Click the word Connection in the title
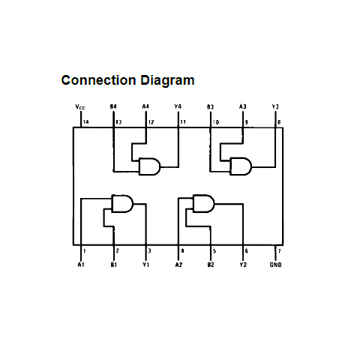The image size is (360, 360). pyautogui.click(x=98, y=80)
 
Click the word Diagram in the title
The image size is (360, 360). pyautogui.click(x=167, y=81)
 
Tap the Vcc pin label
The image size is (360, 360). pyautogui.click(x=80, y=107)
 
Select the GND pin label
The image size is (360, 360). pyautogui.click(x=275, y=265)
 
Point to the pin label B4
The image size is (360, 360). pyautogui.click(x=113, y=106)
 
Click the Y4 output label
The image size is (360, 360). pyautogui.click(x=178, y=106)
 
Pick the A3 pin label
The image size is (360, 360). pyautogui.click(x=242, y=106)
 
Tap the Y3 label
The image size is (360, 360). pyautogui.click(x=275, y=106)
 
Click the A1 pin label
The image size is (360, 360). pyautogui.click(x=81, y=265)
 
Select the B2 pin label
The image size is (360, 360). pyautogui.click(x=211, y=265)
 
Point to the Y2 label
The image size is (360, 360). pyautogui.click(x=243, y=265)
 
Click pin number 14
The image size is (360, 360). pyautogui.click(x=85, y=122)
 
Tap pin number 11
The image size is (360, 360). pyautogui.click(x=183, y=122)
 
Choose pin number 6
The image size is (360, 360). pyautogui.click(x=246, y=250)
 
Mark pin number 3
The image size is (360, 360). pyautogui.click(x=149, y=250)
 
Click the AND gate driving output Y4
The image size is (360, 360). pyautogui.click(x=149, y=166)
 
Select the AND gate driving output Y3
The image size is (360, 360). pyautogui.click(x=241, y=166)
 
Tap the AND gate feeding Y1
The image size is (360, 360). pyautogui.click(x=122, y=203)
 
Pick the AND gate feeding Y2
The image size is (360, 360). pyautogui.click(x=203, y=203)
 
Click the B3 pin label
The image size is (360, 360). pyautogui.click(x=210, y=106)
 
